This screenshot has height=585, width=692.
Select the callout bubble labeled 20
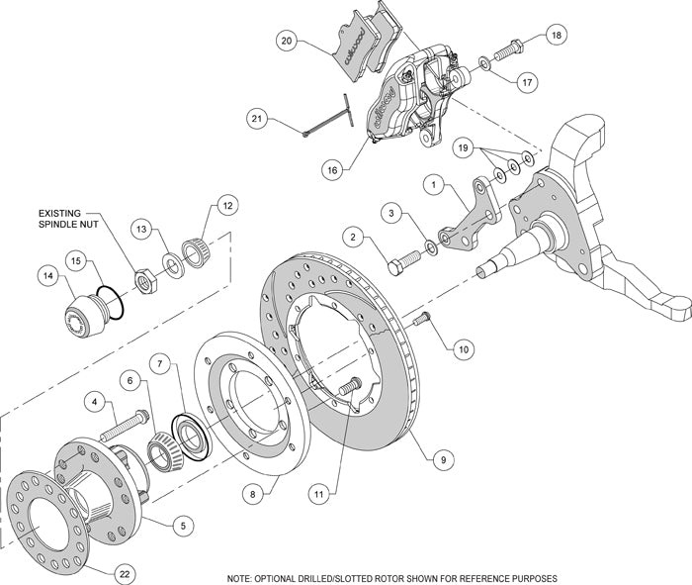coord(288,42)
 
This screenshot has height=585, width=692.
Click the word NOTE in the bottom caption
coord(239,577)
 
